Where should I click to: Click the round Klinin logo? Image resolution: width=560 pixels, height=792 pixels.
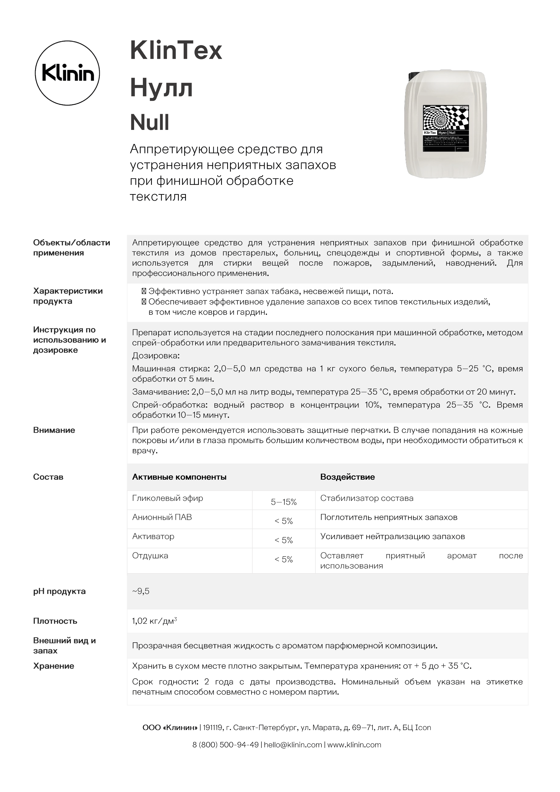click(67, 73)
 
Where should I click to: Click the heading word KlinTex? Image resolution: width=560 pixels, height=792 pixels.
click(176, 51)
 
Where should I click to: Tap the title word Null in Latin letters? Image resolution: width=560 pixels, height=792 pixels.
click(150, 122)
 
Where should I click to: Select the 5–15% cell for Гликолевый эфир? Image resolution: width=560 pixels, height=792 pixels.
click(284, 502)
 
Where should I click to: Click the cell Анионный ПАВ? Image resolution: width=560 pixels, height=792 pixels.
click(162, 517)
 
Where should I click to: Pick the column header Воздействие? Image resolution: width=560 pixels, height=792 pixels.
click(347, 477)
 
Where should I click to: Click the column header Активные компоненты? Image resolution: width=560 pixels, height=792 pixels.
click(179, 477)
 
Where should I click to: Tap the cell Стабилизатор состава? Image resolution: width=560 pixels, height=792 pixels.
click(366, 498)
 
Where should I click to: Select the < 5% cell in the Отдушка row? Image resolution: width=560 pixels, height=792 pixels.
click(284, 559)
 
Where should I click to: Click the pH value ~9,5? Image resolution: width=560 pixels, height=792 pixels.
click(141, 591)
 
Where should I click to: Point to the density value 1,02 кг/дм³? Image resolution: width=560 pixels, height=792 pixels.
click(154, 621)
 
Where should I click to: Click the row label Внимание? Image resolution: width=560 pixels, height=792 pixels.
click(54, 430)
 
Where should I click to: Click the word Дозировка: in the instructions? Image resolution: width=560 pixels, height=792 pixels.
click(156, 356)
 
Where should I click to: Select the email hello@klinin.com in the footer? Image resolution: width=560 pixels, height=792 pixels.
click(293, 745)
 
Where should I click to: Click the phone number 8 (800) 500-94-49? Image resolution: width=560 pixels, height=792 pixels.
click(225, 745)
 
